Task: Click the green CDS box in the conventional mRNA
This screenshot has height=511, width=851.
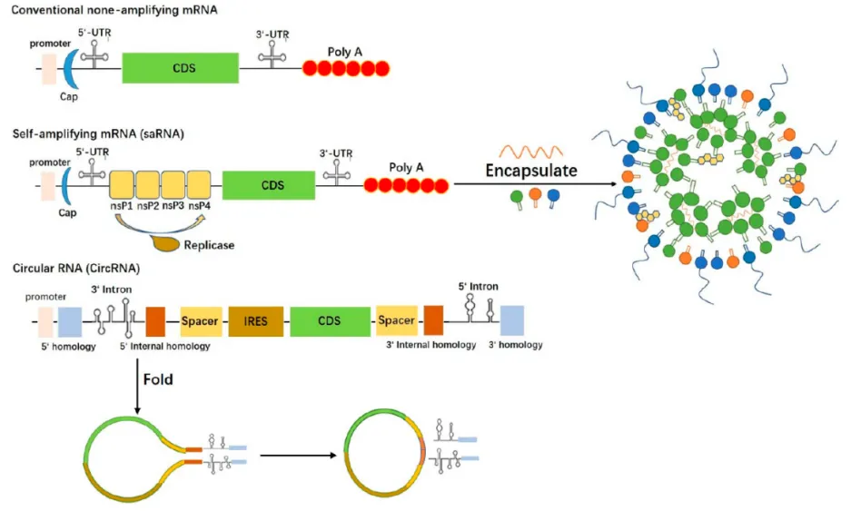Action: click(x=180, y=68)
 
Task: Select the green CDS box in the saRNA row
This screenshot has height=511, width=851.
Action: click(x=269, y=185)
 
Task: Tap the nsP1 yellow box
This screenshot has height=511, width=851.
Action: click(x=122, y=184)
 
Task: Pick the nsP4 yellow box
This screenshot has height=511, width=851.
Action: click(x=199, y=184)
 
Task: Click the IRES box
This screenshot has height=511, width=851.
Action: click(x=255, y=321)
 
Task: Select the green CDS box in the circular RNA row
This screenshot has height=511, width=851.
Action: click(x=330, y=321)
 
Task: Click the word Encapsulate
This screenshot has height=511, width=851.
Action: click(x=531, y=171)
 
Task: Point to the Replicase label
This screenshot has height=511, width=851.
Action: click(x=209, y=245)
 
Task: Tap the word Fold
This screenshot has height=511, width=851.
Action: click(x=158, y=379)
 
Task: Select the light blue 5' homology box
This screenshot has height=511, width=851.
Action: click(x=70, y=322)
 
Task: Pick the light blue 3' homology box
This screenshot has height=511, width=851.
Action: click(x=512, y=320)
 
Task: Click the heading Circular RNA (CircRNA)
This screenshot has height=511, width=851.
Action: click(x=76, y=268)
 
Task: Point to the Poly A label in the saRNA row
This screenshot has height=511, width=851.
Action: click(x=406, y=168)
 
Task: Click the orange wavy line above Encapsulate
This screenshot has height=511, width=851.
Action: click(x=530, y=151)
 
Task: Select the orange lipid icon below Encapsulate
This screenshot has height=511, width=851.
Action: click(x=535, y=197)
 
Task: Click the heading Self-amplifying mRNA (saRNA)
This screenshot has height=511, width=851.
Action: click(x=98, y=134)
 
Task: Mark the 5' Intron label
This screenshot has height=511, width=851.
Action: click(x=478, y=287)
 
